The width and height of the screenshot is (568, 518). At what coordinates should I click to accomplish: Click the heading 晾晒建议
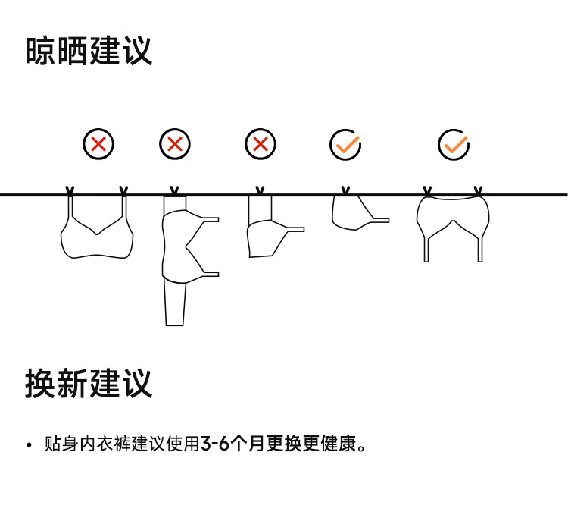[x=89, y=51]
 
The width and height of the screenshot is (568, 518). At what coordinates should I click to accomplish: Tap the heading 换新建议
[x=89, y=385]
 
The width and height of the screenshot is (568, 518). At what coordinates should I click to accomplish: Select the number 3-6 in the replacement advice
[x=214, y=444]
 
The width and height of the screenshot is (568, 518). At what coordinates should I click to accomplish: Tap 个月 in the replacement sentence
[x=245, y=444]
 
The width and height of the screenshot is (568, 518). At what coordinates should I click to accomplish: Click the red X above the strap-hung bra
[x=98, y=143]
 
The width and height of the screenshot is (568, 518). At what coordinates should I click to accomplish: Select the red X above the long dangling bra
[x=175, y=143]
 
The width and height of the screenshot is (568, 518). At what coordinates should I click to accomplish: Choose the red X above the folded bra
[x=261, y=143]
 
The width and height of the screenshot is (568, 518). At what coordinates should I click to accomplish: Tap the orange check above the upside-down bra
[x=454, y=143]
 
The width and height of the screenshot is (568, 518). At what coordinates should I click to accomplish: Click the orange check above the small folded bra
[x=345, y=143]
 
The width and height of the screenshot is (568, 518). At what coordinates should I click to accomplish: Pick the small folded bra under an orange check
[x=352, y=213]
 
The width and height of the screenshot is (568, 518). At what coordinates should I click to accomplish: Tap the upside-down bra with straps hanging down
[x=453, y=220]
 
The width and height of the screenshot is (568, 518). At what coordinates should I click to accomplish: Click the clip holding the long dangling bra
[x=175, y=190]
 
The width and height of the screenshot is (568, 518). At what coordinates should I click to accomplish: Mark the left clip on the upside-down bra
[x=428, y=190]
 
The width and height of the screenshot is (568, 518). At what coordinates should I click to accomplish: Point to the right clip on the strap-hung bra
[x=123, y=190]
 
